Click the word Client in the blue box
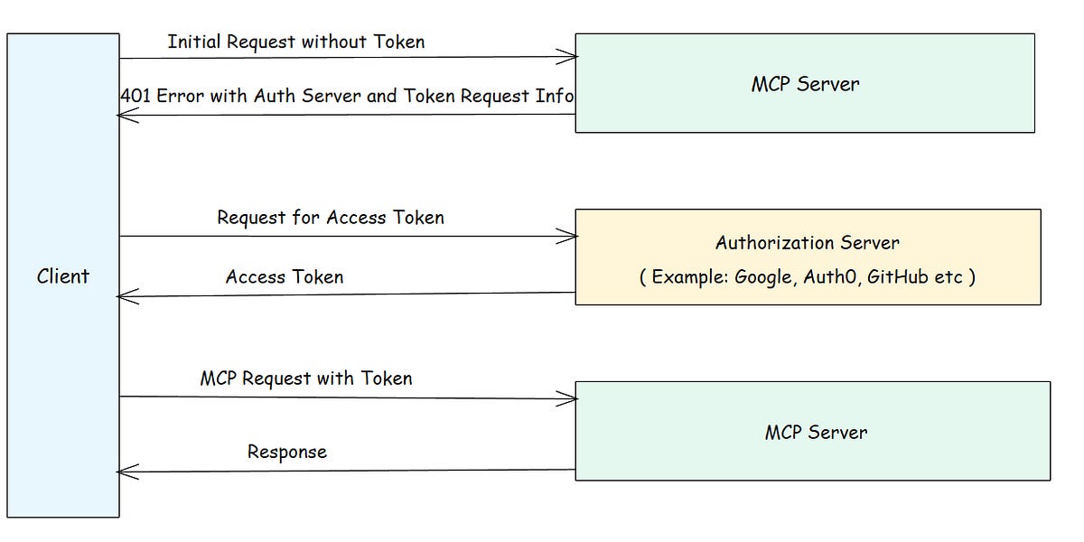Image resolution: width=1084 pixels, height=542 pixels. pyautogui.click(x=63, y=276)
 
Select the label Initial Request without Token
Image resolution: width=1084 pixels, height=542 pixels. pyautogui.click(x=295, y=42)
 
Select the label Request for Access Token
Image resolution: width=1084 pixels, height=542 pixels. pyautogui.click(x=330, y=218)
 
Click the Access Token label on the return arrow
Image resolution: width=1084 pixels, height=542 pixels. pyautogui.click(x=285, y=277)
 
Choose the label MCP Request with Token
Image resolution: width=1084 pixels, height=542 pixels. pyautogui.click(x=305, y=378)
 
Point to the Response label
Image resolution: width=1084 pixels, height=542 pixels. pyautogui.click(x=286, y=452)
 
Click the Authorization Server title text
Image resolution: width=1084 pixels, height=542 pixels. pyautogui.click(x=807, y=242)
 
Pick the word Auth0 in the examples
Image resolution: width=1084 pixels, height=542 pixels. pyautogui.click(x=829, y=277)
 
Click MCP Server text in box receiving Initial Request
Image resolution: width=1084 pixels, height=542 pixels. pyautogui.click(x=804, y=84)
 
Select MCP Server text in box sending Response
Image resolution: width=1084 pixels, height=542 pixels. pyautogui.click(x=816, y=432)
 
